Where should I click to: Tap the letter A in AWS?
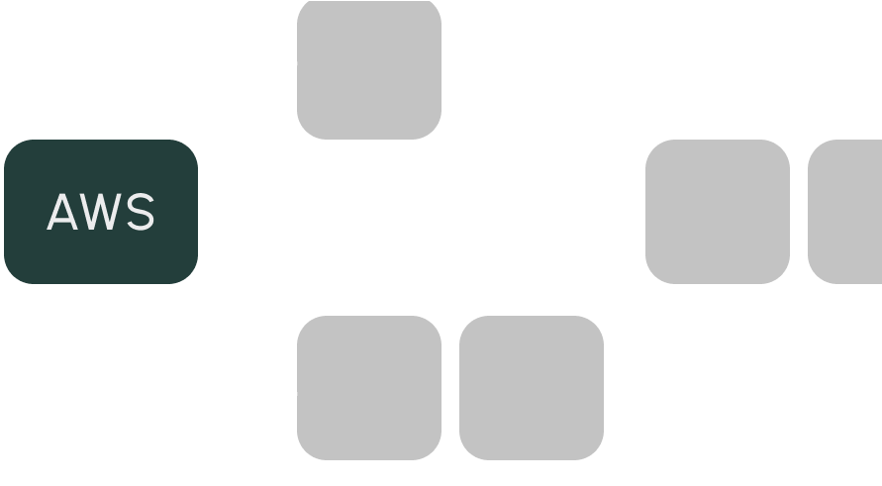(63, 213)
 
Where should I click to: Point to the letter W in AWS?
(101, 213)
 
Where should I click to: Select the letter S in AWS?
(140, 213)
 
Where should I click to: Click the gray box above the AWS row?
(369, 69)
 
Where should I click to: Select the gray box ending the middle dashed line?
(718, 212)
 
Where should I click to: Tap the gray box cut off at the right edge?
(845, 212)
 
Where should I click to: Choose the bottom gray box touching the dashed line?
(369, 388)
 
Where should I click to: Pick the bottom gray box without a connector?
(532, 388)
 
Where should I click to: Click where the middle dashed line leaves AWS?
(201, 212)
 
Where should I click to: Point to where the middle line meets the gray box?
(644, 212)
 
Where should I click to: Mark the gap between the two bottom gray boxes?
(450, 388)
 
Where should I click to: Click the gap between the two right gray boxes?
(799, 212)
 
